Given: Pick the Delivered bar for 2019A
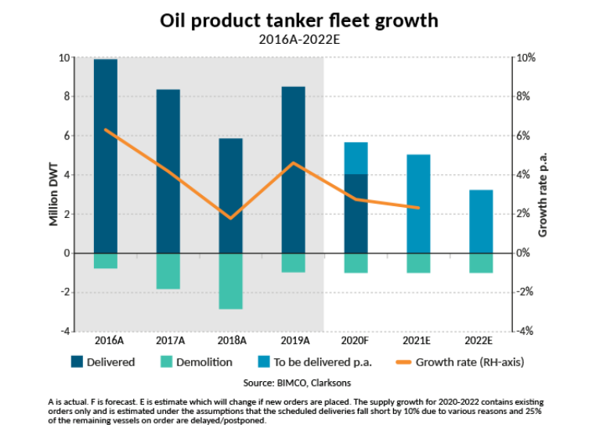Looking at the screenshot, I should (x=293, y=169).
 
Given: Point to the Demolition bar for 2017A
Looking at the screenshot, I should (x=168, y=271).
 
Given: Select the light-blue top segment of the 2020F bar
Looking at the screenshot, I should (x=356, y=158).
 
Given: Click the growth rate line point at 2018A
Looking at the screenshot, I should (x=230, y=218).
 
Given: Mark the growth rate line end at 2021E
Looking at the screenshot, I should (x=418, y=208).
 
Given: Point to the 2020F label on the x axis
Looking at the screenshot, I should (x=356, y=341).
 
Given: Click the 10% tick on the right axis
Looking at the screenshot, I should (x=524, y=58).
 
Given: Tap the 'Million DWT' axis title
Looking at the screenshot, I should (x=54, y=194).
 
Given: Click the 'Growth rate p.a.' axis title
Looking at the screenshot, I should (x=542, y=194).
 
